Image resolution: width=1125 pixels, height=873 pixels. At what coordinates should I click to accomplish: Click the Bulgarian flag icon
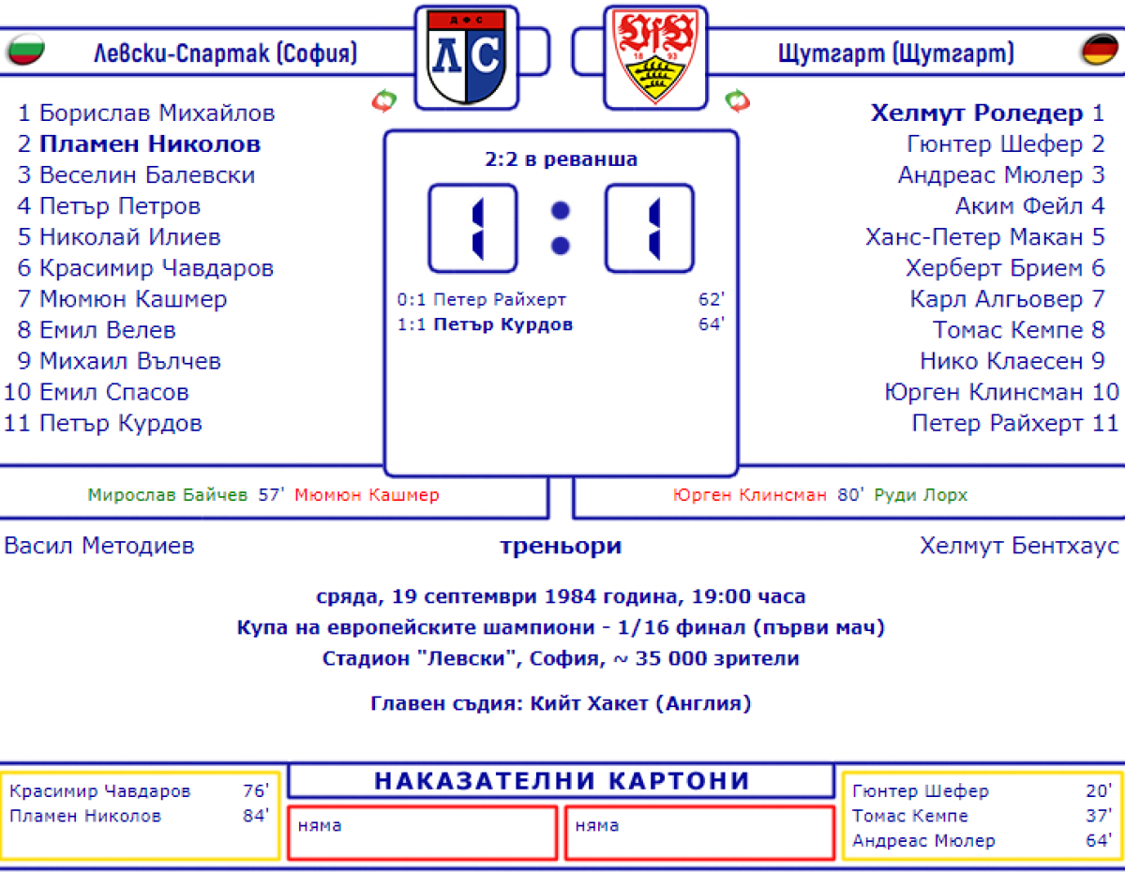coord(26,51)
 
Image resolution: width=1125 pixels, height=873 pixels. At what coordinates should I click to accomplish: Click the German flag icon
coord(1100,51)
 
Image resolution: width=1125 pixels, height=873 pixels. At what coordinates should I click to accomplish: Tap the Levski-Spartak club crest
coord(466,58)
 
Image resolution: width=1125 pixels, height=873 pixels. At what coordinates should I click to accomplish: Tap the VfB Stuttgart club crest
coord(654,58)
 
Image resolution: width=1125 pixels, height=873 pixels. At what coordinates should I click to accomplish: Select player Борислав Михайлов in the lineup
coord(157,113)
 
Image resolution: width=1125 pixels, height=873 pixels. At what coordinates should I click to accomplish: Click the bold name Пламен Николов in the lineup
coord(150,144)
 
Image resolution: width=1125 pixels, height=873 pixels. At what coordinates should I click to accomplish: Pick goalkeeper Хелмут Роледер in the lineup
coord(976,113)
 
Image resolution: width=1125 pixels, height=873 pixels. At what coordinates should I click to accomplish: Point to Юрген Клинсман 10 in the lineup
coord(1001,392)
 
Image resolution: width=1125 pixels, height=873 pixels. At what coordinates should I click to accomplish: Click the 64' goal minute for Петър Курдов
coord(712,324)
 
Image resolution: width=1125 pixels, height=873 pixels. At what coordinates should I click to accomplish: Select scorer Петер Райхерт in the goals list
coord(500,300)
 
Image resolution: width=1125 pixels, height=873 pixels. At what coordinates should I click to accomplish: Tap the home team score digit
coord(473,229)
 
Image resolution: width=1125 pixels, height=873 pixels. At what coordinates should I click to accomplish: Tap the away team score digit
coord(650,229)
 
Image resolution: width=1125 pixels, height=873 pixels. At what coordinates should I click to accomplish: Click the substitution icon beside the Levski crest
coord(384,100)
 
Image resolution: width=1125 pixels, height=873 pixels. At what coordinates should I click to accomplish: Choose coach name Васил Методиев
coord(99,546)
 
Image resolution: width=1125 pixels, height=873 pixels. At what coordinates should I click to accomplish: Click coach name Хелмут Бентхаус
coord(1019,546)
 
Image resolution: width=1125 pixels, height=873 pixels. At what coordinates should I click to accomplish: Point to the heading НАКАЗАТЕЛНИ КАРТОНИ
coord(562,781)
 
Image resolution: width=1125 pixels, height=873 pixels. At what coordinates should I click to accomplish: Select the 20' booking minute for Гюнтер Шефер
coord(1099,791)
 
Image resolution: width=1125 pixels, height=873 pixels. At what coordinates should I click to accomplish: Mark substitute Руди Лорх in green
coord(921,495)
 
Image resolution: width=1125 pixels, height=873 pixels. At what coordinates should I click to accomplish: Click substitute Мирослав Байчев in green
coord(168,495)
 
